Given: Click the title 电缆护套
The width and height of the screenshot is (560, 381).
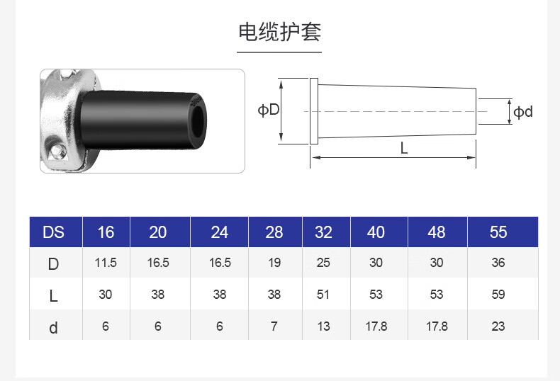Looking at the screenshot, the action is [x=279, y=32].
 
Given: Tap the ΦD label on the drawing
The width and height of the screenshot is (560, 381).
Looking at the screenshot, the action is [x=269, y=110].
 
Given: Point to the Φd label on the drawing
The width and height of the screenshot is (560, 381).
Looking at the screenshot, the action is [x=523, y=112].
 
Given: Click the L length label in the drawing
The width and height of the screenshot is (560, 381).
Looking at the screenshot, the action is [x=404, y=148].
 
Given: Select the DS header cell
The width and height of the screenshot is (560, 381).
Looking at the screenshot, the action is [x=54, y=232].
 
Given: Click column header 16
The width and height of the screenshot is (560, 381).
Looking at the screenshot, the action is [x=106, y=232].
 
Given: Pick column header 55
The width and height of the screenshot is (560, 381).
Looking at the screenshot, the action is [x=498, y=232].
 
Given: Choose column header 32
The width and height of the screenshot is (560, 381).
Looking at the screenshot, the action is [x=323, y=232].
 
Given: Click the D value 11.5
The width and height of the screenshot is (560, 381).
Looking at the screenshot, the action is [x=106, y=263].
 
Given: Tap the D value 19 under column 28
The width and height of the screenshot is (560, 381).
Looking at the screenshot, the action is [x=274, y=263].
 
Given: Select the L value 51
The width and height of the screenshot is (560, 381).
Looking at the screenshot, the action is [x=323, y=295].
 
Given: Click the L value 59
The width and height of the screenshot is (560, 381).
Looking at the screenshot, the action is [x=498, y=295].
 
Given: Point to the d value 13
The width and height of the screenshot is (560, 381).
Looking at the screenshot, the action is [x=323, y=326].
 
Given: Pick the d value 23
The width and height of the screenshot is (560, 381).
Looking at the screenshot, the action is [x=498, y=326].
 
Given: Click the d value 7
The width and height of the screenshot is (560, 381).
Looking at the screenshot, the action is [x=274, y=326].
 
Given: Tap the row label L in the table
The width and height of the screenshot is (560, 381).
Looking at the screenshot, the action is [x=53, y=296].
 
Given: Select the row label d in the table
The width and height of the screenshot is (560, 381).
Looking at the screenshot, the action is [x=53, y=328].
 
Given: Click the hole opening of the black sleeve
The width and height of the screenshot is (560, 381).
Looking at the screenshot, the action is [x=198, y=120].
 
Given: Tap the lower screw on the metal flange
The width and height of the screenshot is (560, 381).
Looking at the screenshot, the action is [x=56, y=150].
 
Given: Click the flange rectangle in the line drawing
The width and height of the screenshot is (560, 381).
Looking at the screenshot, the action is [x=314, y=111].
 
